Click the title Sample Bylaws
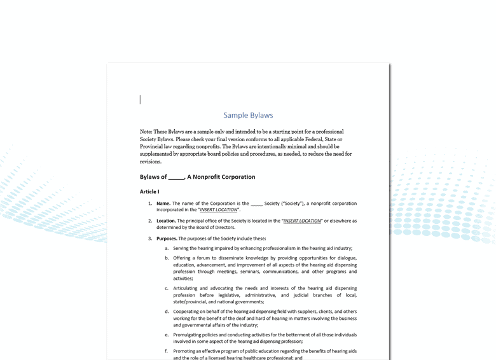pyautogui.click(x=248, y=115)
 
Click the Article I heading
pyautogui.click(x=149, y=191)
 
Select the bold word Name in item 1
pyautogui.click(x=163, y=204)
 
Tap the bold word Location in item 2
pyautogui.click(x=166, y=221)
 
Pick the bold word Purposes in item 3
pyautogui.click(x=167, y=239)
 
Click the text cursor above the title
pyautogui.click(x=141, y=99)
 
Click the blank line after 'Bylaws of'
pyautogui.click(x=176, y=177)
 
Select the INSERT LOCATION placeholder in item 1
pyautogui.click(x=218, y=210)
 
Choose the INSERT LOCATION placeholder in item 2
pyautogui.click(x=302, y=221)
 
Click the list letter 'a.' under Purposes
pyautogui.click(x=167, y=249)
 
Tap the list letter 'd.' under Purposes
pyautogui.click(x=167, y=312)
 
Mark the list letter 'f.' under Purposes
pyautogui.click(x=167, y=351)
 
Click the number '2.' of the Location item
pyautogui.click(x=151, y=221)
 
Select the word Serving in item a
pyautogui.click(x=182, y=249)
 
